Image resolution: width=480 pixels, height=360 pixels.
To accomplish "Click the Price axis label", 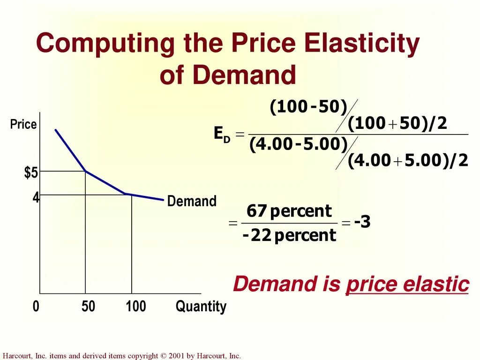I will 23,125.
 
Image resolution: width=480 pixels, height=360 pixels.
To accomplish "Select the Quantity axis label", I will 201,307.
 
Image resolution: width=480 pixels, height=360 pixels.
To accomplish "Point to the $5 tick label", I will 31,173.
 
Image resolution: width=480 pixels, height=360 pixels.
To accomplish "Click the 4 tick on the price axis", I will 36,197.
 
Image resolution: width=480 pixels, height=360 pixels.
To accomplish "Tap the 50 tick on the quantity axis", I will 88,307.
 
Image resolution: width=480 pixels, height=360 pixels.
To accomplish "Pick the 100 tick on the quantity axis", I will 136,307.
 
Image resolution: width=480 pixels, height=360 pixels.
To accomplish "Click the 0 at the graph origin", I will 36,307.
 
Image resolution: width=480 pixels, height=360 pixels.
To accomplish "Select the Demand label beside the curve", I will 192,202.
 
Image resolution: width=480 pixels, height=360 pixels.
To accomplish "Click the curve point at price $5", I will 85,172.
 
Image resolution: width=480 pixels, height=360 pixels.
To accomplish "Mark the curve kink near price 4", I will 124,193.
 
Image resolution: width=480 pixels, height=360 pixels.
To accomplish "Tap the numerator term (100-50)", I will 308,107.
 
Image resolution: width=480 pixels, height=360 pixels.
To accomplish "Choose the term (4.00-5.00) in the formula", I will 298,144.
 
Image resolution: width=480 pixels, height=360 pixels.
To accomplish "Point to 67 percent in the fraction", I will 289,211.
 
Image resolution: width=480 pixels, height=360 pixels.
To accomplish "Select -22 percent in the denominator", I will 289,235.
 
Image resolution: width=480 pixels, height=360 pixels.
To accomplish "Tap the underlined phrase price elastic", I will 407,285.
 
